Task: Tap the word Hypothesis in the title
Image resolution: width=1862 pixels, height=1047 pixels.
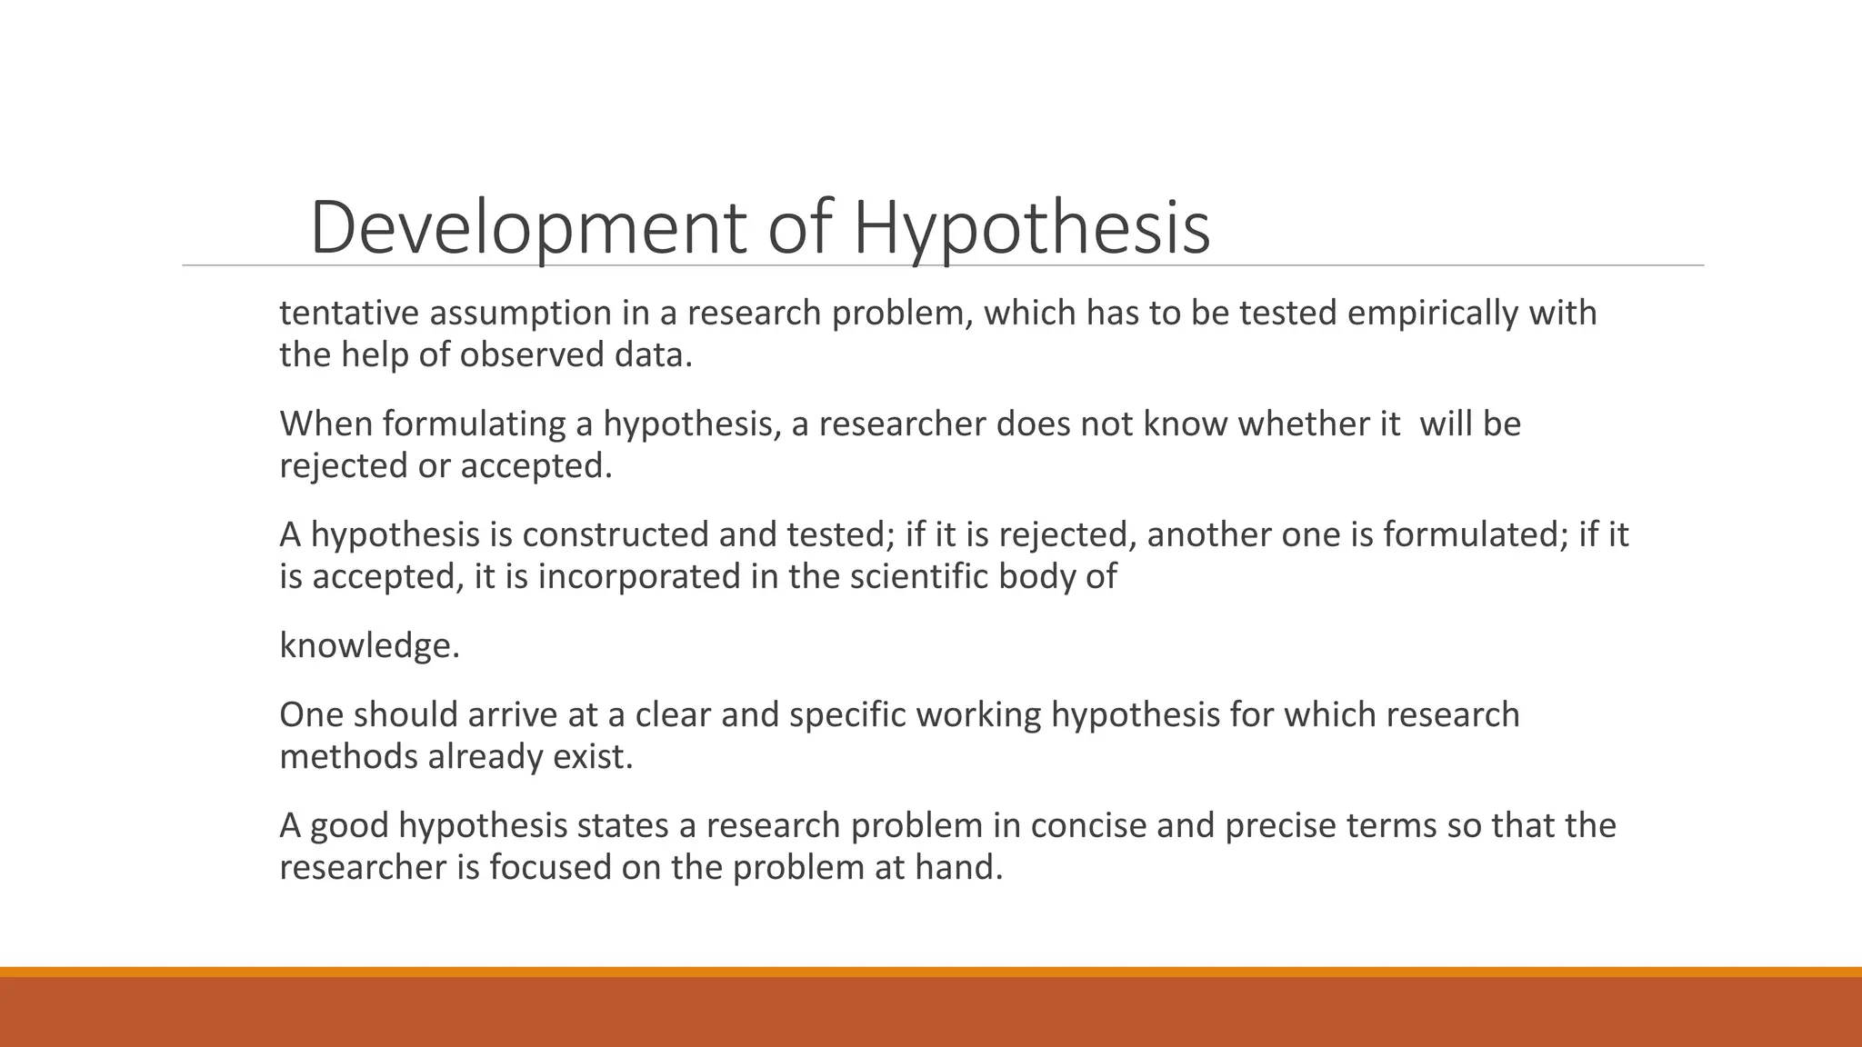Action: [x=1031, y=227]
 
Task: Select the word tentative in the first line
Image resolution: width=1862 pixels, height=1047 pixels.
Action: [x=349, y=313]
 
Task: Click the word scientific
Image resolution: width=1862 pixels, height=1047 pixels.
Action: [x=918, y=576]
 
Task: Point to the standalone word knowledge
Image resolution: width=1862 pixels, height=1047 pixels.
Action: [x=369, y=645]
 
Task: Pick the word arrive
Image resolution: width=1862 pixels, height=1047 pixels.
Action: [x=512, y=714]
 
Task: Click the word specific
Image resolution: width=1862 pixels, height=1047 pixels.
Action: [x=847, y=714]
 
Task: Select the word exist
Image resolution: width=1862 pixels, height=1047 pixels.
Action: [x=593, y=756]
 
